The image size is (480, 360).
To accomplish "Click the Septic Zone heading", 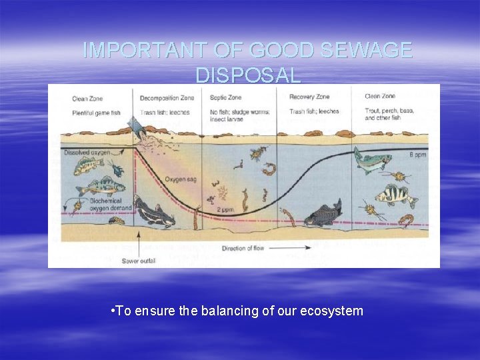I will point(227,98).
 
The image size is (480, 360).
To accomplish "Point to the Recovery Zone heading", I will point(309,97).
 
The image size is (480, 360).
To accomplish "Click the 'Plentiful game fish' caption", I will point(96,112).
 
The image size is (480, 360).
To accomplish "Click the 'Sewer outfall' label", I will point(139,261).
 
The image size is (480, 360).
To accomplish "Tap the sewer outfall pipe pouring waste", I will point(137,127).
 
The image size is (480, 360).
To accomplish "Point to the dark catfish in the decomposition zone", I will point(154,211).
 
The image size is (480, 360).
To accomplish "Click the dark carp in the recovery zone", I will point(323,214).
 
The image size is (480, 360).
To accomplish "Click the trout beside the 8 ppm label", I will point(372,161).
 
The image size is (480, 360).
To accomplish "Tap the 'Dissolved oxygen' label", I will point(87,153).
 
